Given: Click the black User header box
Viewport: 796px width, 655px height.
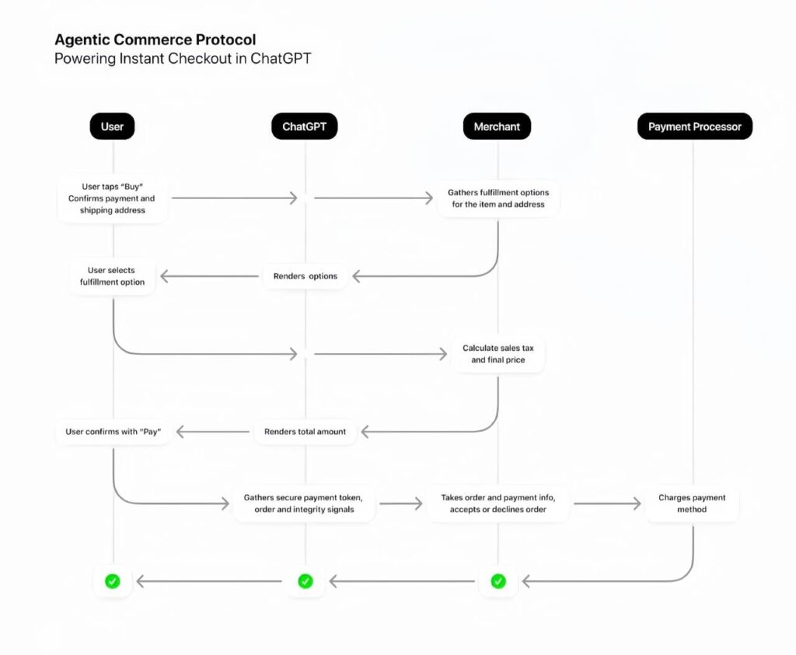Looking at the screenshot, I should click(x=112, y=126).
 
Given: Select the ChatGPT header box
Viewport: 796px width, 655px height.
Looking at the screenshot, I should click(x=304, y=126).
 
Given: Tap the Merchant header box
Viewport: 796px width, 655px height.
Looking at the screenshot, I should click(x=497, y=126).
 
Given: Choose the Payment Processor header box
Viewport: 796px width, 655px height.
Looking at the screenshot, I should click(x=694, y=126).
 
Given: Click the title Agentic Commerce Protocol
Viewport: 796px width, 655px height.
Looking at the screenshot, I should click(x=155, y=40).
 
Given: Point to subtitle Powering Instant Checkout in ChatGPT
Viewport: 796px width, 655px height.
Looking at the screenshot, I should click(x=182, y=59).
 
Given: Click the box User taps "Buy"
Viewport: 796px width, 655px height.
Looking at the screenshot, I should click(x=113, y=198).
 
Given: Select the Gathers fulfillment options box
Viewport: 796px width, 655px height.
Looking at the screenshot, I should click(x=497, y=198).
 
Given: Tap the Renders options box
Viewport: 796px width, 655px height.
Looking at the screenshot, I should click(x=305, y=276).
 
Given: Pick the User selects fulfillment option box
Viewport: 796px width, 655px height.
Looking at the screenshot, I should click(x=112, y=276).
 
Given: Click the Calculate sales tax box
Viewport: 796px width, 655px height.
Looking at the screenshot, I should click(x=497, y=354).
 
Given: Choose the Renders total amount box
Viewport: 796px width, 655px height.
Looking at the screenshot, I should click(x=305, y=432).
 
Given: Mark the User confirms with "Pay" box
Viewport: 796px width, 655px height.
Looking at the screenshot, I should click(x=113, y=432).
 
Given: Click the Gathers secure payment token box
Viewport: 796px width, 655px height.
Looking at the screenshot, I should click(x=304, y=503).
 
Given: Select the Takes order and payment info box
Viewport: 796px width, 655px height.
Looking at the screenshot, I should click(x=497, y=503).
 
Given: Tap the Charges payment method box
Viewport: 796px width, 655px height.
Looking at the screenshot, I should click(x=692, y=503).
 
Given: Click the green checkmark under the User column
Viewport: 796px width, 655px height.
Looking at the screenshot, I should click(x=112, y=580).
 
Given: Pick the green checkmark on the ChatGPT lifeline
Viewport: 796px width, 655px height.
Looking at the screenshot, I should click(x=305, y=580).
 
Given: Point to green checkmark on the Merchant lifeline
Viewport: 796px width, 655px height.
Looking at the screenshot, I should click(x=498, y=580).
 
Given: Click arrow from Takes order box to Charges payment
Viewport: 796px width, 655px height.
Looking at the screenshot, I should click(x=606, y=503).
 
